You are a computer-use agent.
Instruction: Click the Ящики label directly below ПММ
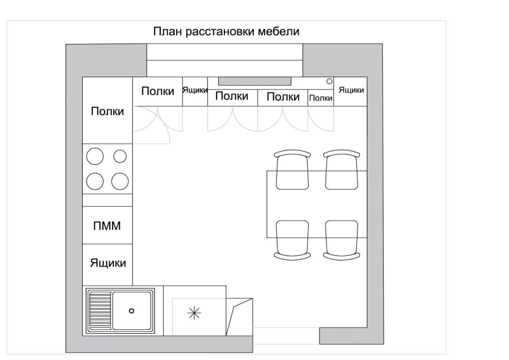[x=108, y=263]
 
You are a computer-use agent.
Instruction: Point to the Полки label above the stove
[x=107, y=111]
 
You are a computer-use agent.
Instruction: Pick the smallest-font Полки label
[x=321, y=98]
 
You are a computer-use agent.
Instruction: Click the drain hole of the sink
[x=131, y=310]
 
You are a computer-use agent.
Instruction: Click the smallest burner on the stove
[x=120, y=157]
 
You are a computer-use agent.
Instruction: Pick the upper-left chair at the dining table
[x=292, y=170]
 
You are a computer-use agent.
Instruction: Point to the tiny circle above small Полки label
[x=329, y=82]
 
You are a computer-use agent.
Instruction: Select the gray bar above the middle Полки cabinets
[x=255, y=80]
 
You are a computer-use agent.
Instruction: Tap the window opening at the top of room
[x=224, y=60]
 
